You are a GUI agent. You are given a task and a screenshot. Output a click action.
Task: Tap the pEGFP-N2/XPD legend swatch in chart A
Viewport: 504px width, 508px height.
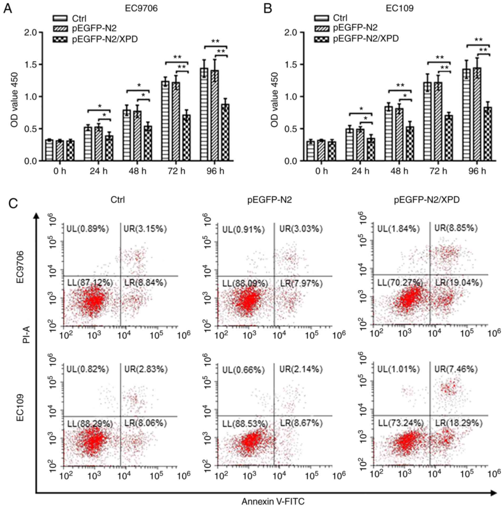[x=60, y=40]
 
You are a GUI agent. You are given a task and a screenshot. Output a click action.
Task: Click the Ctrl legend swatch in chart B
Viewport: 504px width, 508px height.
[x=321, y=18]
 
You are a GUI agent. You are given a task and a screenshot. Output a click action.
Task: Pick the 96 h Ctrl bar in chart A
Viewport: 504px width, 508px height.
[x=204, y=114]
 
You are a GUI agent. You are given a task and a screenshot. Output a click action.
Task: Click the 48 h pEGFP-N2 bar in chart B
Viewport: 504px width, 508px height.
[x=399, y=134]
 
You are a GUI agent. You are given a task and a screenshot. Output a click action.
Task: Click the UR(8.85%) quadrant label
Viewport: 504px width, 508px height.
[x=456, y=228]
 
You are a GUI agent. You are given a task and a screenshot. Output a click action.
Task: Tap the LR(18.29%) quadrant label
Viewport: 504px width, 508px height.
[x=458, y=423]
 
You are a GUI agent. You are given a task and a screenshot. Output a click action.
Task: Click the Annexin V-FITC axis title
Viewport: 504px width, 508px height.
[x=273, y=501]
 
